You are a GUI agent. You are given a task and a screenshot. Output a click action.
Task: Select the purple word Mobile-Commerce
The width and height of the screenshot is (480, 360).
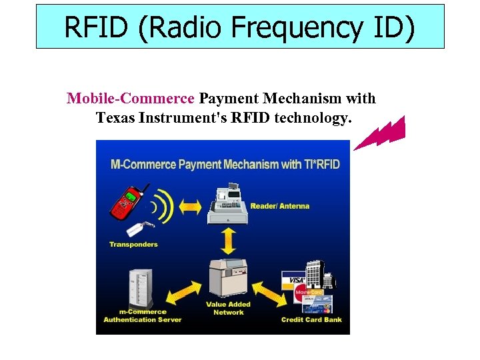[130, 99]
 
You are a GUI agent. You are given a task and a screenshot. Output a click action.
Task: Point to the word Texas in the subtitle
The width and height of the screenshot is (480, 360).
[116, 118]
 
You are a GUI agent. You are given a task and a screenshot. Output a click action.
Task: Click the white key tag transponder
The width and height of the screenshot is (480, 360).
[138, 229]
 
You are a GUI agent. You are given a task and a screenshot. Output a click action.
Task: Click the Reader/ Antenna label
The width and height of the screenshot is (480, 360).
[280, 206]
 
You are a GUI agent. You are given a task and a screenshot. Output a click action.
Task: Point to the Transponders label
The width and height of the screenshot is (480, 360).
[133, 244]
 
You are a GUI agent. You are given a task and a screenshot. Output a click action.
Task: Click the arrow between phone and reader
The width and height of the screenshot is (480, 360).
[190, 207]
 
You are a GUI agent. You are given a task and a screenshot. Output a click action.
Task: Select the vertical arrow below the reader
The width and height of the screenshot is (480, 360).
[228, 240]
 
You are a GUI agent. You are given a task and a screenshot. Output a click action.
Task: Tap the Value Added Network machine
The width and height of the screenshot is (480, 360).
[227, 277]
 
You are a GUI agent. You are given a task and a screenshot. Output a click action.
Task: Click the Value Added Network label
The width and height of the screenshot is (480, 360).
[228, 308]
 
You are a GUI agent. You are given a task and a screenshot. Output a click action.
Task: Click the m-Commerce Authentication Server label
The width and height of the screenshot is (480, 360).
[142, 316]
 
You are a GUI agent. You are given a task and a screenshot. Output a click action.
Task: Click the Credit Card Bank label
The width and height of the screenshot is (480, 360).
[311, 319]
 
